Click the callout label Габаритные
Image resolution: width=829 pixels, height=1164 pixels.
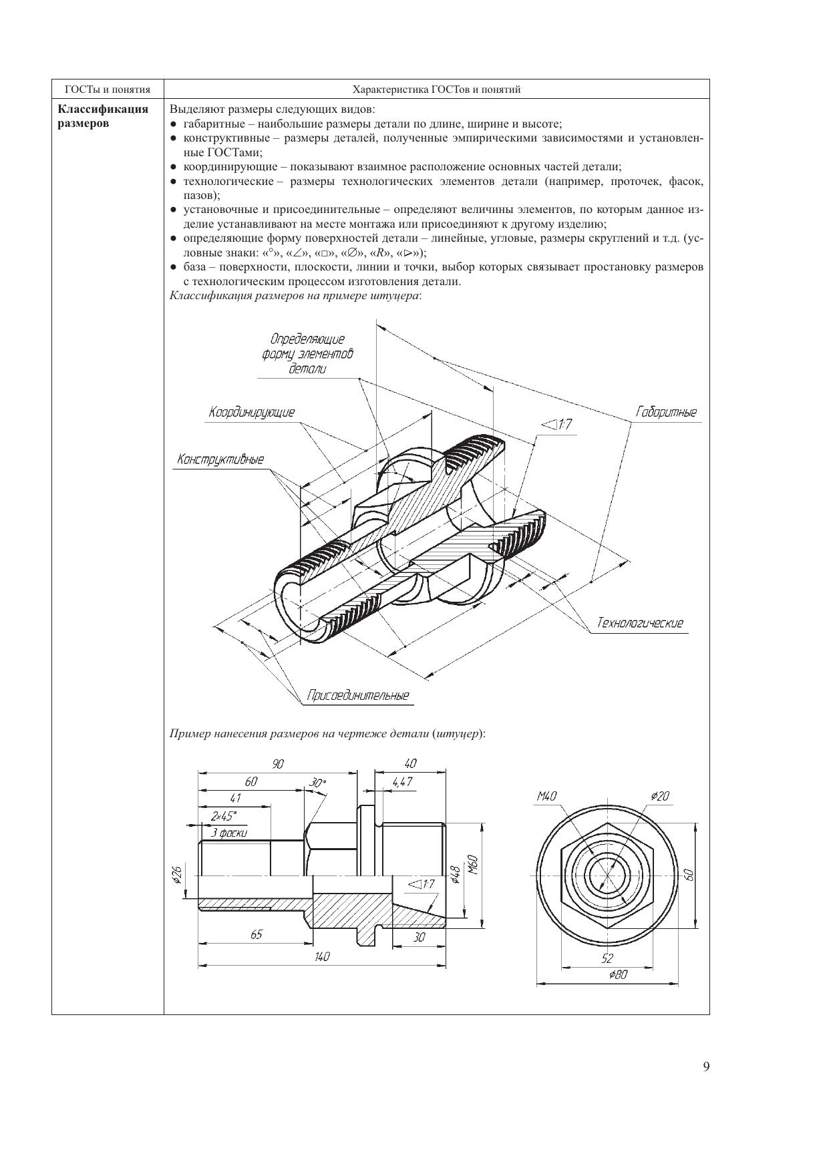(666, 413)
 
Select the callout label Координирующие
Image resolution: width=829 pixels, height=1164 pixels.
(251, 413)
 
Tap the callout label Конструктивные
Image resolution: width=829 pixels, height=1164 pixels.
(220, 459)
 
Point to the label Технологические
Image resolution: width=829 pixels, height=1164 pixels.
(640, 623)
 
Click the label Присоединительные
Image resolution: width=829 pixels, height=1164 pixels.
(357, 696)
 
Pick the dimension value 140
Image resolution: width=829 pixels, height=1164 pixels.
(322, 957)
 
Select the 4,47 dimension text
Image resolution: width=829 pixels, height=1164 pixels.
(402, 782)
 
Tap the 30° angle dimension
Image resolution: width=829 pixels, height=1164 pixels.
(318, 783)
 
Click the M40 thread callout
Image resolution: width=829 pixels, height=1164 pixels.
(546, 796)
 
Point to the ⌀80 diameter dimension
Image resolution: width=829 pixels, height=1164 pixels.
(618, 975)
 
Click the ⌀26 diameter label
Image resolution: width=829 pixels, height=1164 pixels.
(177, 875)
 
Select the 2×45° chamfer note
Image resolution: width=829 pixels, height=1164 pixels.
(224, 816)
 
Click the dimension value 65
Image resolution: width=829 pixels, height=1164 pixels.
(257, 934)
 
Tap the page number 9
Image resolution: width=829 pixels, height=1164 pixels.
(706, 1066)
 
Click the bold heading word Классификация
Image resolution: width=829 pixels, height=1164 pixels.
(103, 110)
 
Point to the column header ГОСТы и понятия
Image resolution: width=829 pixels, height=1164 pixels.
(108, 89)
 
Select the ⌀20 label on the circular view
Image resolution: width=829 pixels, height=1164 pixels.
(659, 796)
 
